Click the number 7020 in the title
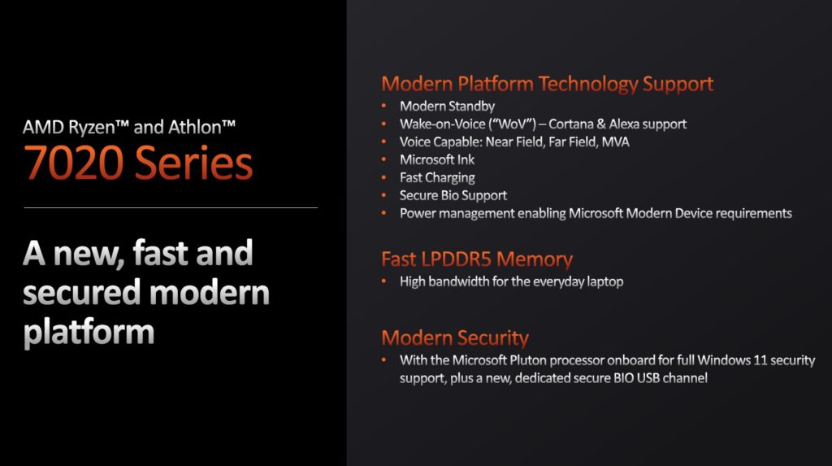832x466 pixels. coord(74,163)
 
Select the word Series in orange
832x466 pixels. coord(193,163)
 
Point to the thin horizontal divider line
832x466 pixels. coord(171,207)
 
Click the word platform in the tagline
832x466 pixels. coord(89,332)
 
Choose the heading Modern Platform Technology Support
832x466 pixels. coord(547,84)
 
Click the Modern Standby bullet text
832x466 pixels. coord(448,107)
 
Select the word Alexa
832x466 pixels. coord(625,124)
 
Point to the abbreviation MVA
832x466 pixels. coord(616,142)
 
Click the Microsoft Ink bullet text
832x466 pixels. coord(437,160)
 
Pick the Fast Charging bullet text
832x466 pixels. coord(437,178)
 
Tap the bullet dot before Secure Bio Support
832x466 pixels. coord(383,195)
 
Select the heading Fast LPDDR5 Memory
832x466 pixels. coord(477,259)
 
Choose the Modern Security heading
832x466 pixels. coord(455,338)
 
